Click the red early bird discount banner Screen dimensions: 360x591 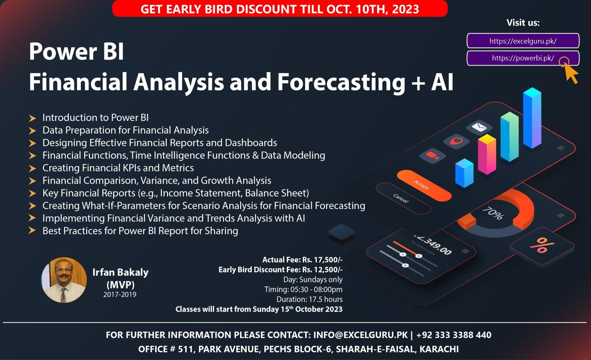280,8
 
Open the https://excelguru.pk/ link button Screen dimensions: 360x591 523,41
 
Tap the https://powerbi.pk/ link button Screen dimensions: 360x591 523,58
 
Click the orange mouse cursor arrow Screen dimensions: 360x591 570,73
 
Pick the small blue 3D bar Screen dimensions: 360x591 464,173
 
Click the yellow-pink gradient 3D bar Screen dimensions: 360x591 487,154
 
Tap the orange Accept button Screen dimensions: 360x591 423,186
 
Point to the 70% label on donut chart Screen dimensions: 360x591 492,213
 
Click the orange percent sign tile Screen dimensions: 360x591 541,245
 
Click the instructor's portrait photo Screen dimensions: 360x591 64,280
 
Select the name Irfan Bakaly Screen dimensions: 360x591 120,272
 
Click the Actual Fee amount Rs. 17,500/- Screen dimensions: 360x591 322,260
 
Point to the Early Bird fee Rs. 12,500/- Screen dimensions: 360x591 322,270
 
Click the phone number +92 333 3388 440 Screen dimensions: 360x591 454,335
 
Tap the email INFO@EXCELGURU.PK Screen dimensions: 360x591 360,335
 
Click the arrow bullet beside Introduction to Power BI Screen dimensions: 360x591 32,118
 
